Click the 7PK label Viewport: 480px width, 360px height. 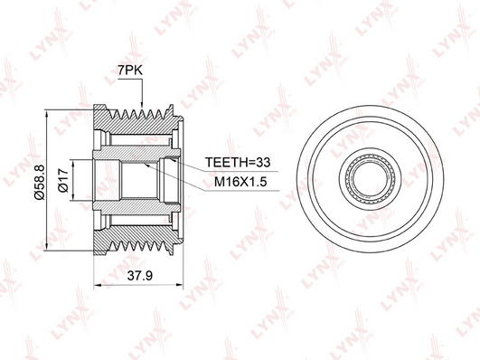(x=130, y=71)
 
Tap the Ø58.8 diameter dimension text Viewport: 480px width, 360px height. (x=40, y=182)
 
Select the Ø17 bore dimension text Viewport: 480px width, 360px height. (x=62, y=180)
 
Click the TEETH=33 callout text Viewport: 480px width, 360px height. (x=238, y=162)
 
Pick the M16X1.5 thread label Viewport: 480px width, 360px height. (x=240, y=182)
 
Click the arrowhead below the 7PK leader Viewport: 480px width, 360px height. (x=142, y=105)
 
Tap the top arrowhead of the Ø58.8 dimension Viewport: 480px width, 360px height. (x=46, y=114)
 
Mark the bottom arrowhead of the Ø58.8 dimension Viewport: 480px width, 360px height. (x=46, y=247)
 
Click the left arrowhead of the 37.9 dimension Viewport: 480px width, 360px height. (x=98, y=286)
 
